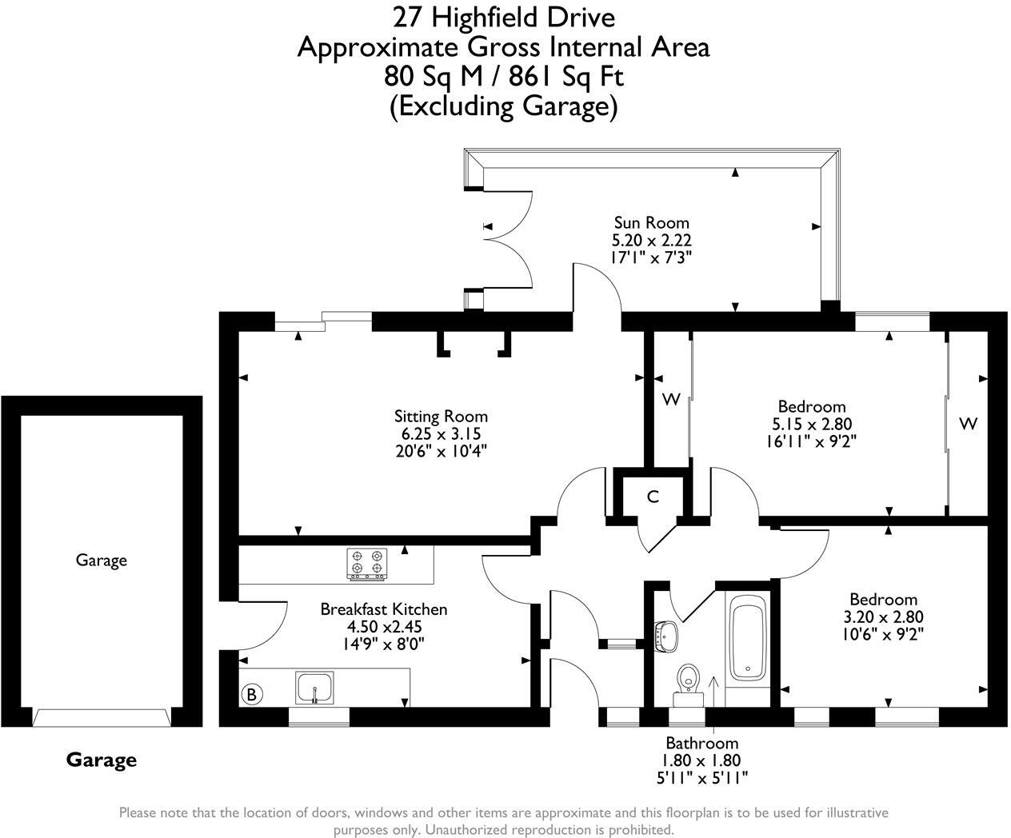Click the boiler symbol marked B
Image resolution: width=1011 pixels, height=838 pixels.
(251, 694)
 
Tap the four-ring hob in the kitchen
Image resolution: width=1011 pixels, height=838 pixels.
(367, 563)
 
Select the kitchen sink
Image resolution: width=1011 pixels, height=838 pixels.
(316, 687)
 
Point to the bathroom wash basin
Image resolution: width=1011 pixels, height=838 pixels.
(665, 636)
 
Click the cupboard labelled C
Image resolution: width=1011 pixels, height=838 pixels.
(653, 497)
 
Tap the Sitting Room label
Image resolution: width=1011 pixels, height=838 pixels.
(441, 416)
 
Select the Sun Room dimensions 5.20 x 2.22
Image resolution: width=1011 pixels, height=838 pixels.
(651, 240)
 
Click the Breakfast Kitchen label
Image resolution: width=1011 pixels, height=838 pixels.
(384, 609)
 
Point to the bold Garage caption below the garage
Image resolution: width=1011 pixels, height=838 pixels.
(102, 760)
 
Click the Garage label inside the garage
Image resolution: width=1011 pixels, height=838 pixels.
(102, 560)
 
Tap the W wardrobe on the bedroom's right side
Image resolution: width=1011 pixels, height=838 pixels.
(968, 424)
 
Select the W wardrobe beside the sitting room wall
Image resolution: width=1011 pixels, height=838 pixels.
(671, 399)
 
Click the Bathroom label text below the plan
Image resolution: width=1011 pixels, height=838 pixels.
(701, 743)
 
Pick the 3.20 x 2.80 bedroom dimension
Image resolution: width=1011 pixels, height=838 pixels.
(883, 617)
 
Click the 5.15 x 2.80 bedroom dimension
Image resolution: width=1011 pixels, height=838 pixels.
(812, 424)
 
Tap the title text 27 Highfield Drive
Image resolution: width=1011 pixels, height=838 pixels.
(504, 16)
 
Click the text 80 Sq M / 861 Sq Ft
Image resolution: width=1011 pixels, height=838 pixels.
(504, 77)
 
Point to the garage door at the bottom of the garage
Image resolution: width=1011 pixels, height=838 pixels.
(102, 717)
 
